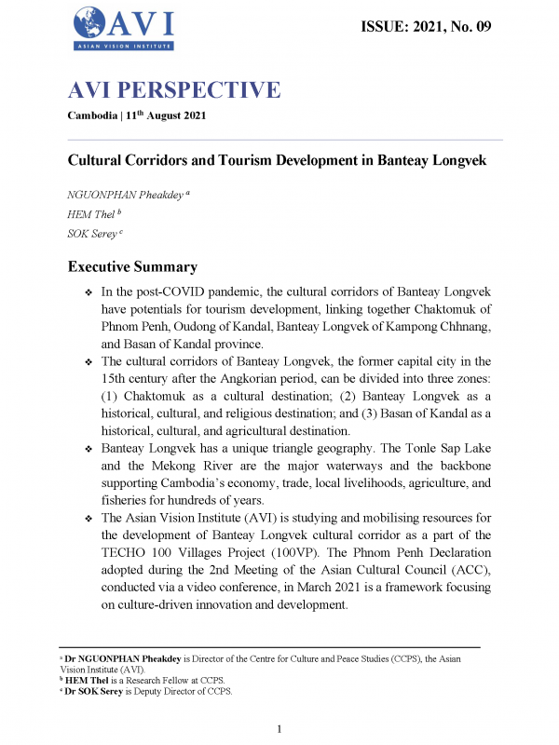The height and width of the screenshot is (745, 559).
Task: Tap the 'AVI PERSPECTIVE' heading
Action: pyautogui.click(x=174, y=90)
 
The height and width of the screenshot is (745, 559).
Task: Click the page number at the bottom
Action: pyautogui.click(x=279, y=728)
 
